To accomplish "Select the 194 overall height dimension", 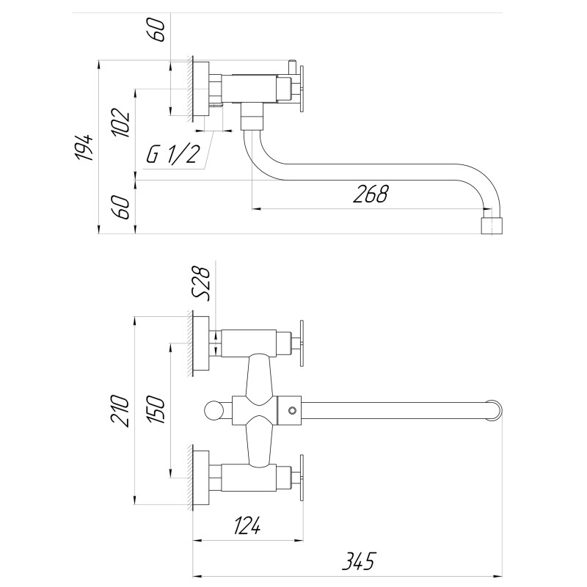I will [86, 148].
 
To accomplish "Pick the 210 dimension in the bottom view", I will [122, 410].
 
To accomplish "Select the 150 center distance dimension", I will [157, 410].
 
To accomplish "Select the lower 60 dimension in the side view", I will [123, 208].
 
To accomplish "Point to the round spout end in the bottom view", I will [496, 410].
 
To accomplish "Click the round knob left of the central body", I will [213, 410].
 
